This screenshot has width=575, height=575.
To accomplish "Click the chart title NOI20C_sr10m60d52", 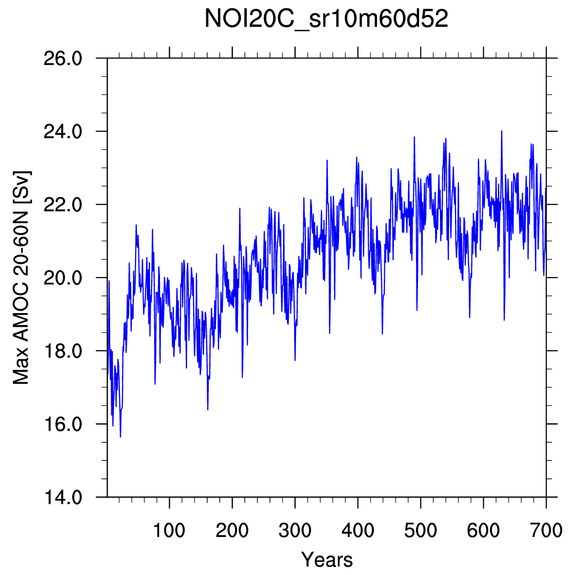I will click(326, 20).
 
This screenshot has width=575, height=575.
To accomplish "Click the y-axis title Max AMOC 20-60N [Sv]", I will click(21, 278).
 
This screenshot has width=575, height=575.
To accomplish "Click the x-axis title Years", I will click(327, 559).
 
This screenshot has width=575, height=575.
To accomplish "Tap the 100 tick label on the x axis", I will click(169, 530).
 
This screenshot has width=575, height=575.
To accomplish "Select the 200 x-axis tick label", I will click(232, 530).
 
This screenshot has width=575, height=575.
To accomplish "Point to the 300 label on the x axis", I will click(295, 530).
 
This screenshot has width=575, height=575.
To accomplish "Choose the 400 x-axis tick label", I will click(357, 530).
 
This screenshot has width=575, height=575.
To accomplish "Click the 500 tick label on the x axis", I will click(420, 530).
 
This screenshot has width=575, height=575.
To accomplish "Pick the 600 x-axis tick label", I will click(483, 530).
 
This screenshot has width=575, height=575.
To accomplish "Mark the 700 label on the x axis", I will click(546, 530).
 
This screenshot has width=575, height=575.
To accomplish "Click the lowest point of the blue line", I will click(120, 436).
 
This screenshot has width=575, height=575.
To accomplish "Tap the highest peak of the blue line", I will click(501, 131).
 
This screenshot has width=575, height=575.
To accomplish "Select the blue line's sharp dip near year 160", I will click(208, 409).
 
